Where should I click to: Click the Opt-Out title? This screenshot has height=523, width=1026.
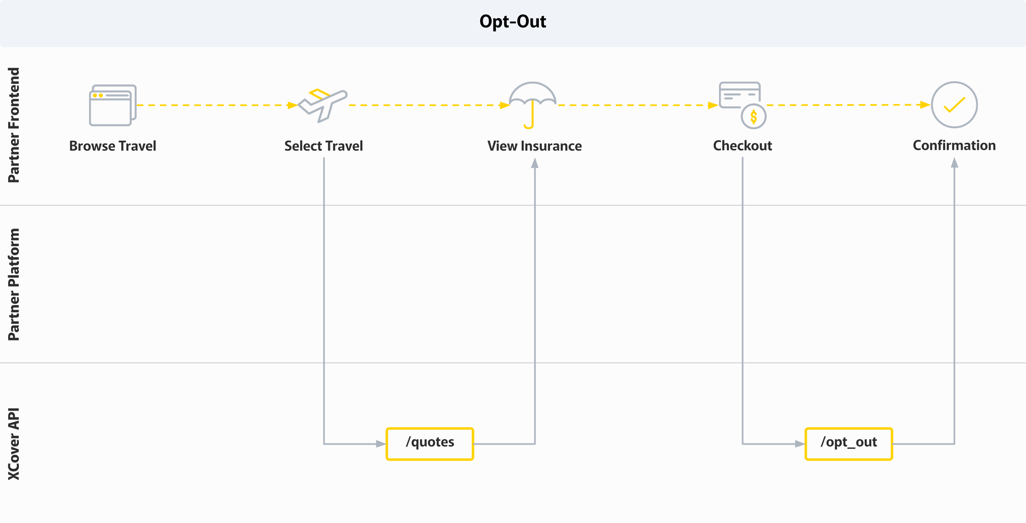[x=513, y=22]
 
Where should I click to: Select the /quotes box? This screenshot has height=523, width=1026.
[x=430, y=444]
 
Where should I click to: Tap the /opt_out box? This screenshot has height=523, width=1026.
[x=849, y=444]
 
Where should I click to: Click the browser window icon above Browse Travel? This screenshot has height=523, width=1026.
[x=112, y=105]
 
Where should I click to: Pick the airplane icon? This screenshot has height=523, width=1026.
[x=323, y=105]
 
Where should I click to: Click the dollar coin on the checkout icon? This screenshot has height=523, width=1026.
[x=753, y=117]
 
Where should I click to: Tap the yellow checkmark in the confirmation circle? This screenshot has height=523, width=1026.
[x=954, y=105]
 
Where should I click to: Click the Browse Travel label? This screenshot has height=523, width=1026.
[x=112, y=146]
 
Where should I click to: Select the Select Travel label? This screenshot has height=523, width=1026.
[x=323, y=146]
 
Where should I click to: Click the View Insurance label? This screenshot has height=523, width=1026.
[x=534, y=146]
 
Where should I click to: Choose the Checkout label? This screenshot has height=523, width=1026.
[x=742, y=146]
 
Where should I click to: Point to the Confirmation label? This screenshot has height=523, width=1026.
[x=954, y=146]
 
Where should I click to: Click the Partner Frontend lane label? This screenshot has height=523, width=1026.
[x=14, y=125]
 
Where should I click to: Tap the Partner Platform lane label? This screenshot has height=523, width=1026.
[x=14, y=284]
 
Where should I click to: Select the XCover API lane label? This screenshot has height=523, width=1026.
[x=14, y=444]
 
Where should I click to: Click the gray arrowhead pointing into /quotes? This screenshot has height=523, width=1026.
[x=380, y=444]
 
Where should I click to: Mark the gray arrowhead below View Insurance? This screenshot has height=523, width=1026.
[x=535, y=164]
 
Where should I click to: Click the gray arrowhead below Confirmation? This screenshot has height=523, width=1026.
[x=955, y=163]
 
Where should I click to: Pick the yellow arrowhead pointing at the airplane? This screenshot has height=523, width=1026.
[x=292, y=105]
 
